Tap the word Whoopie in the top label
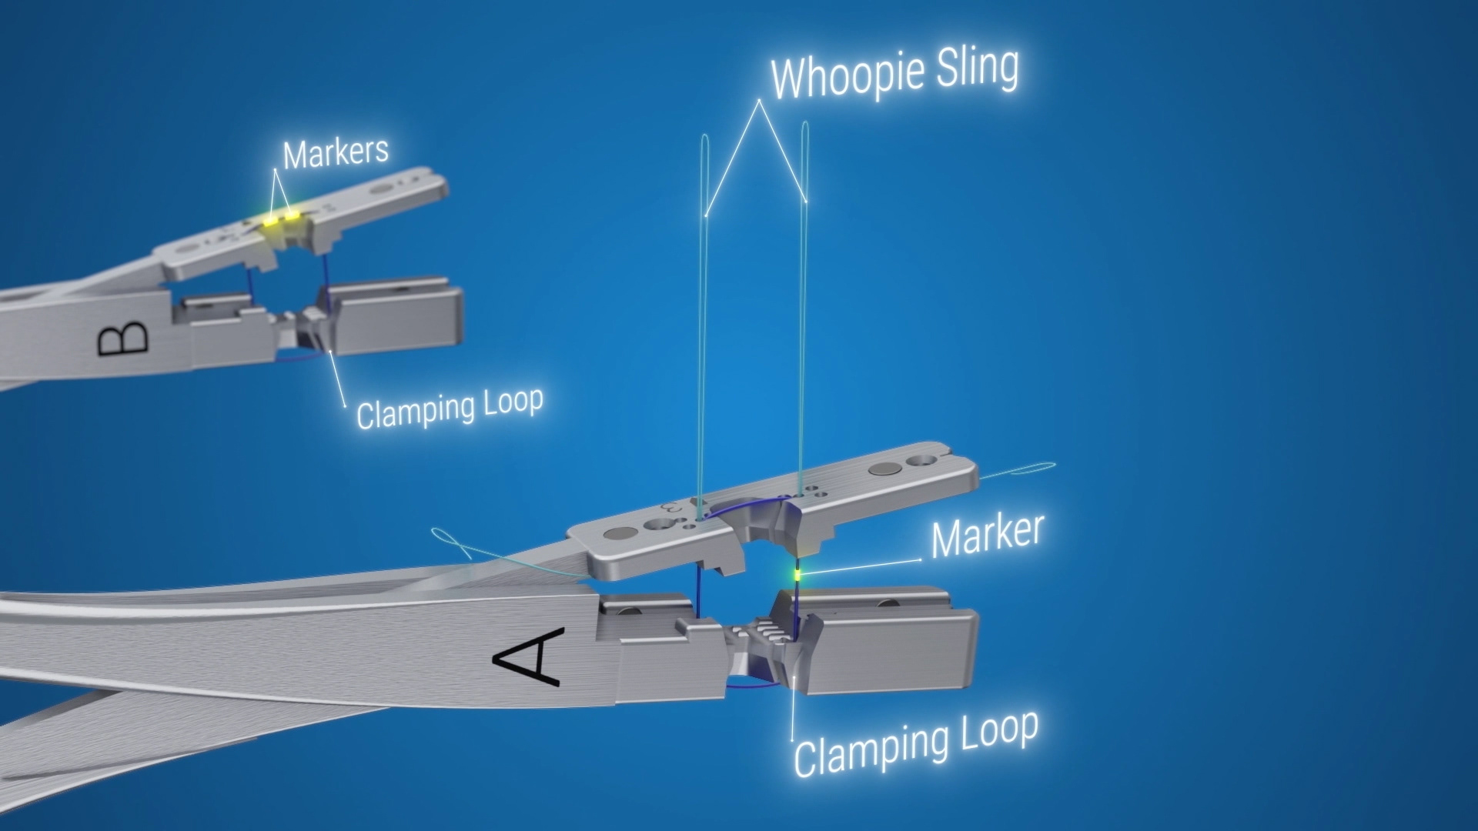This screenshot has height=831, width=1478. click(x=847, y=75)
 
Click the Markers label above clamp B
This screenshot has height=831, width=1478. click(x=336, y=153)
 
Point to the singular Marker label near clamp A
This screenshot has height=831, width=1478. click(x=987, y=536)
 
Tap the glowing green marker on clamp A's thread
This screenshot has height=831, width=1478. click(x=798, y=574)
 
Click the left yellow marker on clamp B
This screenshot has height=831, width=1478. click(x=271, y=221)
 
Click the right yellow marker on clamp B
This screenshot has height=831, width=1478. click(x=292, y=215)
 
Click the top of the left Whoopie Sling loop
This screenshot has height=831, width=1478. click(x=705, y=138)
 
